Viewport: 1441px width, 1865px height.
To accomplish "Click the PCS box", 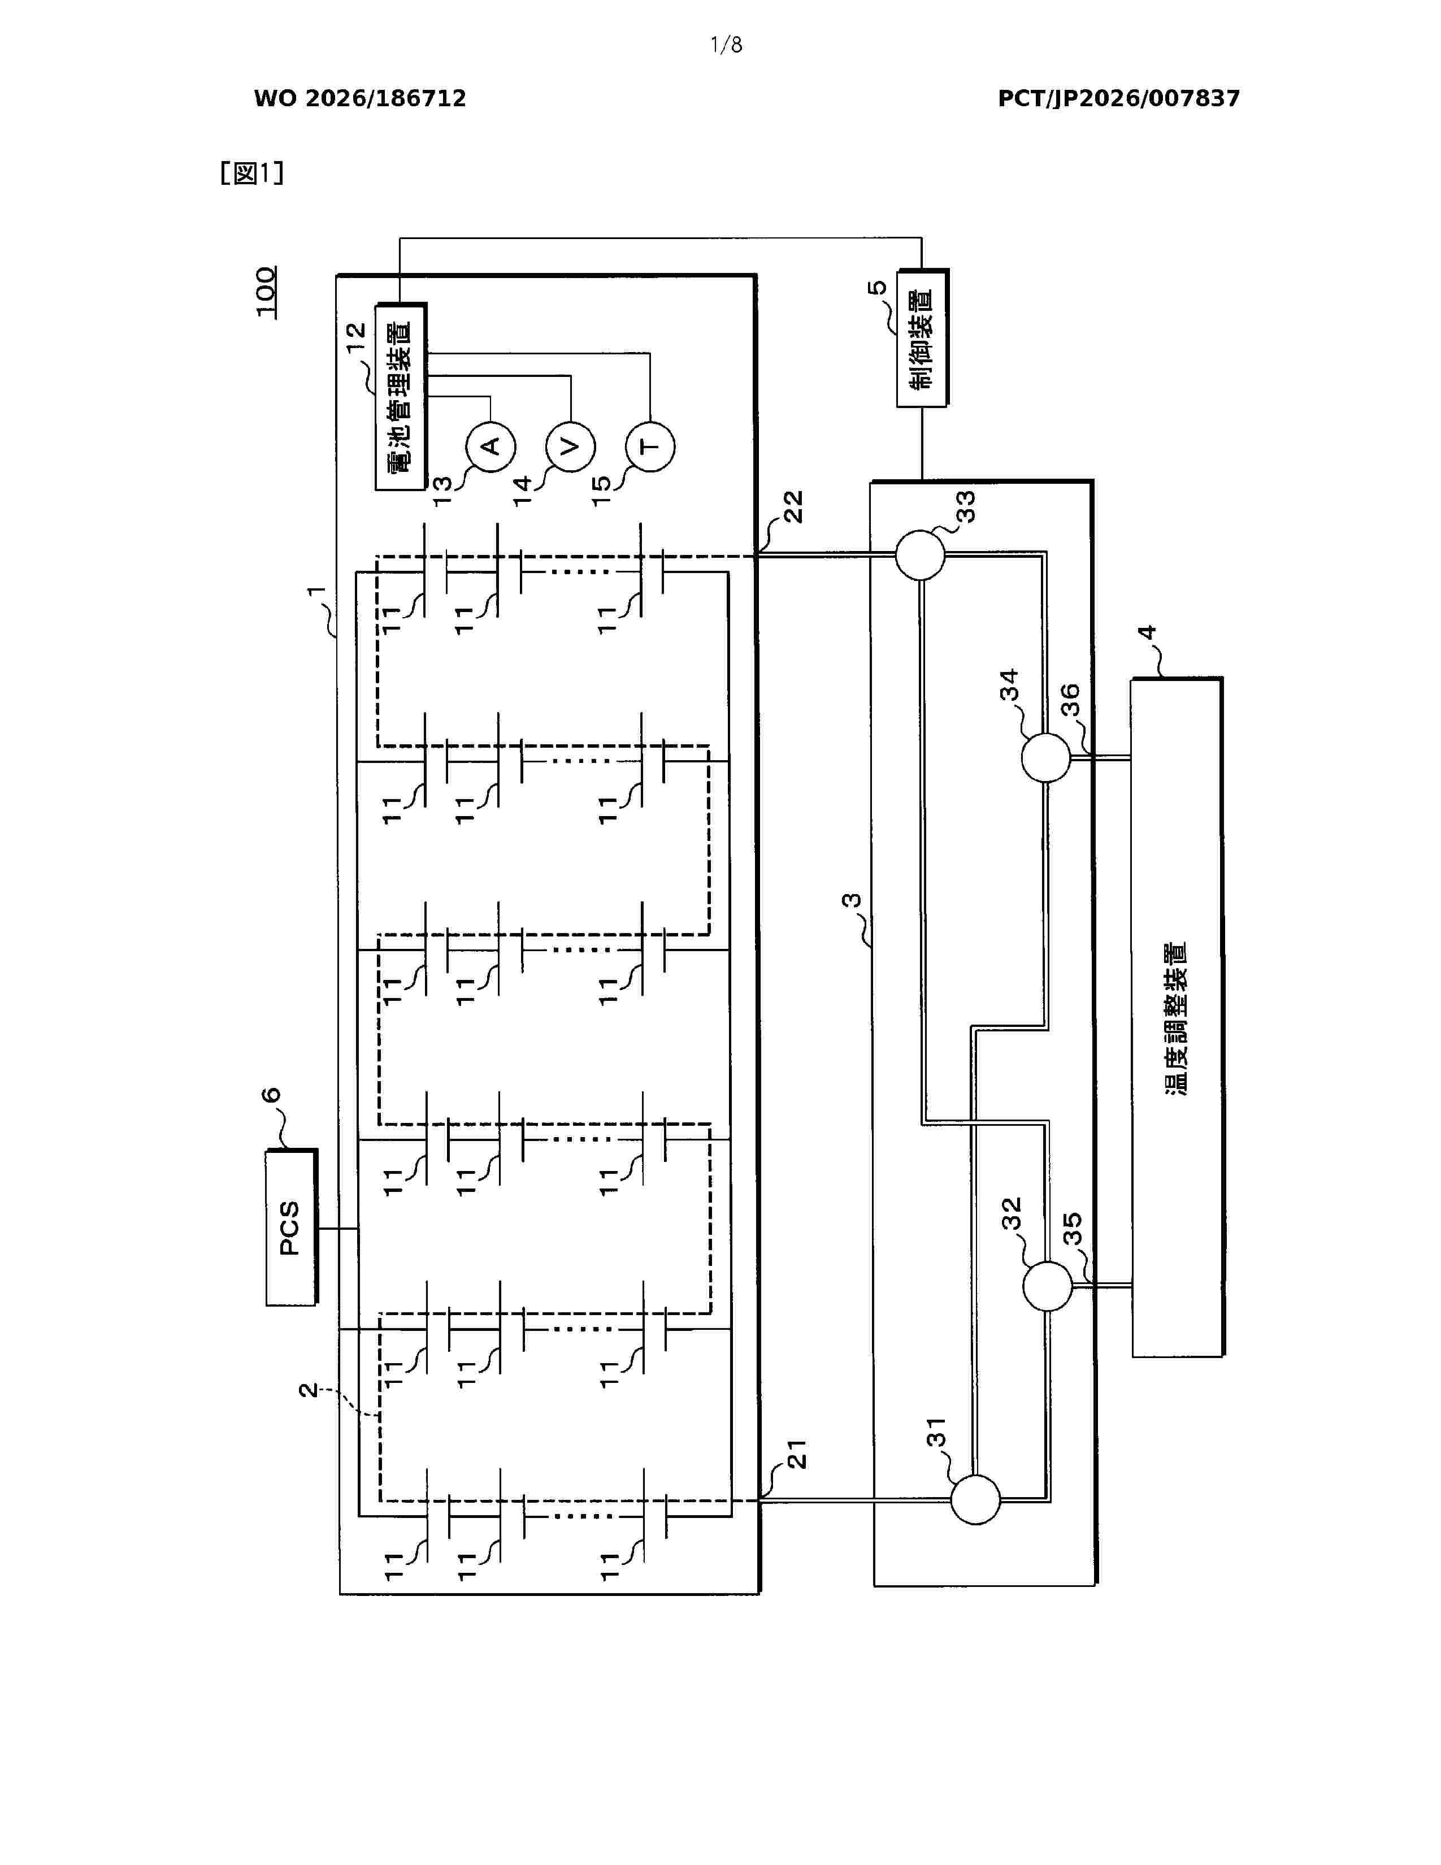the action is (291, 1227).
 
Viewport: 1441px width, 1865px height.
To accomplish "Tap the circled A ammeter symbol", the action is (490, 446).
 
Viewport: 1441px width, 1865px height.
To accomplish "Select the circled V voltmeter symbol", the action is (570, 446).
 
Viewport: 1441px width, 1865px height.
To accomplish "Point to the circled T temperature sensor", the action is (650, 446).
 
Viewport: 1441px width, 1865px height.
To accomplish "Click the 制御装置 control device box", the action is (922, 338).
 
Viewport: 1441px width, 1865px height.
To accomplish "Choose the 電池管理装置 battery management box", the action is (401, 396).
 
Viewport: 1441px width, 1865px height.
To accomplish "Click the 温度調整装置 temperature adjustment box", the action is (1177, 1017).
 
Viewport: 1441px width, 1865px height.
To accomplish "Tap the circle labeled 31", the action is (975, 1499).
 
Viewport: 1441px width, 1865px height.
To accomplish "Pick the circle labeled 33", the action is (920, 555).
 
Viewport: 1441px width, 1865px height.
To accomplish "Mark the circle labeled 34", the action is (1046, 757).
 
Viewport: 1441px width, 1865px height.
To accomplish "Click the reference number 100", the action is (266, 292).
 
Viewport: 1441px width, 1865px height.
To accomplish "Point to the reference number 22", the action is (793, 508).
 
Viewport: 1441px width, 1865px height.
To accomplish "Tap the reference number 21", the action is (796, 1454).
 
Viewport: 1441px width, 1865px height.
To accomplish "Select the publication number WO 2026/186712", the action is (361, 99).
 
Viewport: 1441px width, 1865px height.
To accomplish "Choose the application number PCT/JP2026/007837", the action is (1118, 99).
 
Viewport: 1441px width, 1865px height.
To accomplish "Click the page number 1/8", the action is (727, 45).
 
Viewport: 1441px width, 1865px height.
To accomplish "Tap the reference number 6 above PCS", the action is (271, 1096).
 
